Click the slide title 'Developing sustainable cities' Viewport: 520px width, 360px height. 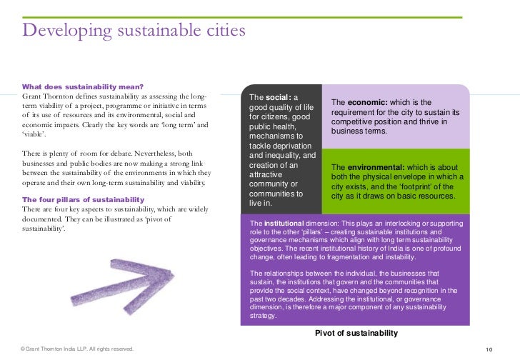[134, 31]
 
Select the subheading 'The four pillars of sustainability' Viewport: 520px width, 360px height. [84, 199]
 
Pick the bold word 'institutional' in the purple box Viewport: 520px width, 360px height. [286, 224]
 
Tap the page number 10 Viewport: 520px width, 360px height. [489, 349]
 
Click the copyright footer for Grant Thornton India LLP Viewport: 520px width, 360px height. [77, 349]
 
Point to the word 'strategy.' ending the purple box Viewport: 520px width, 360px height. [263, 315]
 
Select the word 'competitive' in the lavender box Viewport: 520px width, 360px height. [355, 122]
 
